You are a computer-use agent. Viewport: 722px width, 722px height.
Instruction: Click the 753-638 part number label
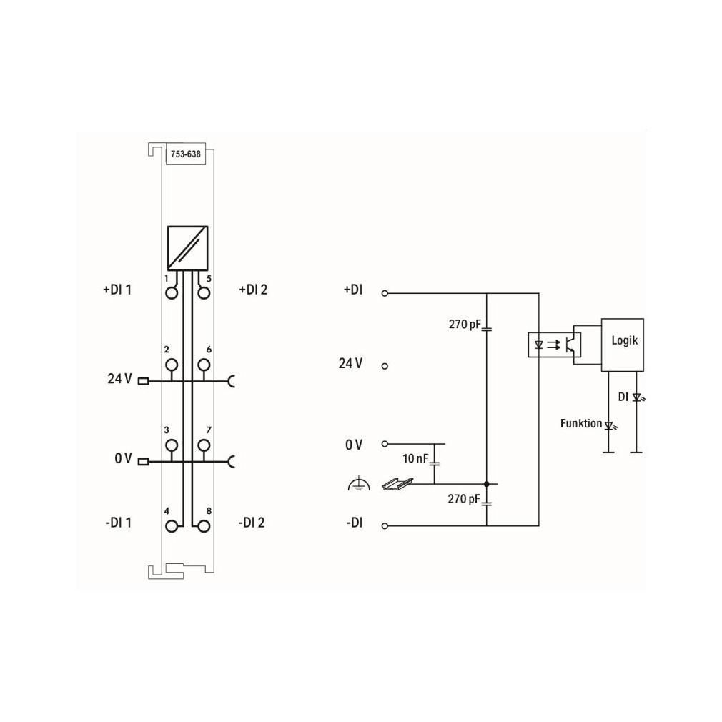tap(186, 154)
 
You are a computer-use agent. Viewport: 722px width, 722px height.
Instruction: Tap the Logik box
tap(623, 345)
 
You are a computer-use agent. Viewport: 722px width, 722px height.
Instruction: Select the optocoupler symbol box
tap(554, 345)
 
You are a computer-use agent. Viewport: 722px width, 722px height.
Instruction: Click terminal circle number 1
tap(172, 293)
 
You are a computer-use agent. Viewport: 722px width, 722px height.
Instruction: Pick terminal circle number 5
tap(204, 293)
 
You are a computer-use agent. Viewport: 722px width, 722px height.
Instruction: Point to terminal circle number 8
tap(204, 526)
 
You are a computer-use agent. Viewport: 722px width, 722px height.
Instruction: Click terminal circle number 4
tap(172, 526)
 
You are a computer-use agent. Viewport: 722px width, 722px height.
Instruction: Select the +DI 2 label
tap(253, 290)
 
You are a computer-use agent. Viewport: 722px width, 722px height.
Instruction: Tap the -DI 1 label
tap(119, 523)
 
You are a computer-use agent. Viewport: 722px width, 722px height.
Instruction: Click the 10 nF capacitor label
tap(415, 458)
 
